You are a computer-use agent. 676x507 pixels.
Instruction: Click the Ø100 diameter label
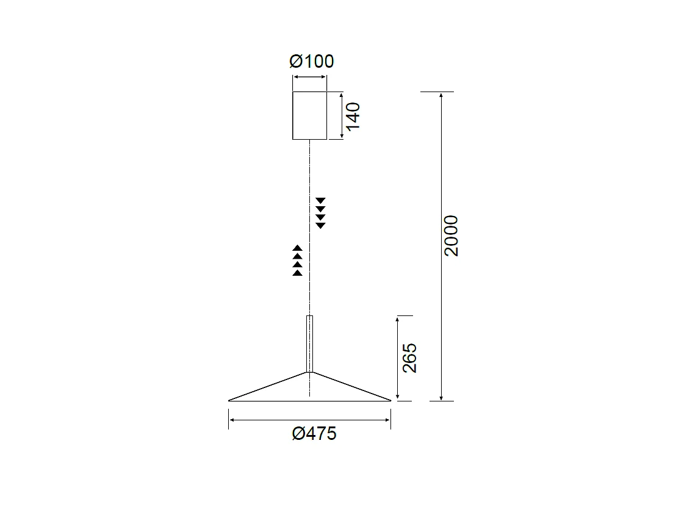point(311,62)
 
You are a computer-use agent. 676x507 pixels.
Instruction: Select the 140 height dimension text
point(353,115)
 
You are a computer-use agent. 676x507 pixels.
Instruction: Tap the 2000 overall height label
point(451,236)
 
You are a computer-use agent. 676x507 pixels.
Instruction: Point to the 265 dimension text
point(409,358)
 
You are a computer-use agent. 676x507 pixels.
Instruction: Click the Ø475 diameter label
point(314,434)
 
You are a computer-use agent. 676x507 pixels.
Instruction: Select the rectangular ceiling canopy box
point(310,115)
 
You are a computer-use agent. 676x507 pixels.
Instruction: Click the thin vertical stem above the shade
point(310,343)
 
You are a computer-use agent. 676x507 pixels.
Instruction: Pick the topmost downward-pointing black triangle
point(320,201)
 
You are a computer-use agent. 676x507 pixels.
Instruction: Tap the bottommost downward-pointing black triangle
point(320,226)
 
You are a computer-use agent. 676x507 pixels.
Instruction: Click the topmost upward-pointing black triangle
point(298,248)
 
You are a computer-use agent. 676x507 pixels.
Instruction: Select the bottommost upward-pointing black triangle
point(298,273)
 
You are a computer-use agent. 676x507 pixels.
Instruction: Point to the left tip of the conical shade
point(230,400)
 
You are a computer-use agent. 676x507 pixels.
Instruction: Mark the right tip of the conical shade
point(390,400)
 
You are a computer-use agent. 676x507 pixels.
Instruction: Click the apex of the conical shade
point(310,372)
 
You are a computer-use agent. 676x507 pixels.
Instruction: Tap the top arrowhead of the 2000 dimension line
point(441,95)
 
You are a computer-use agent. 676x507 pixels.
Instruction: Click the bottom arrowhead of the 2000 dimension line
point(441,398)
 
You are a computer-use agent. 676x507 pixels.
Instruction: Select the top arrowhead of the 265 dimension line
point(398,318)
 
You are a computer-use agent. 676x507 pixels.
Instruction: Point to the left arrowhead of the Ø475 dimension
point(232,420)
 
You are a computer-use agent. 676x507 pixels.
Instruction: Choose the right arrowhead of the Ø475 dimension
point(387,420)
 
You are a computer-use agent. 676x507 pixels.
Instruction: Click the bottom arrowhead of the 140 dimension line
point(341,137)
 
